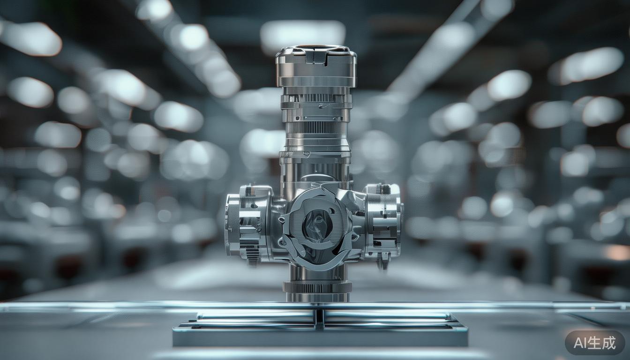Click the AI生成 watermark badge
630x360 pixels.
594,343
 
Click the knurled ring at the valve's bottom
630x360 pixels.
317,287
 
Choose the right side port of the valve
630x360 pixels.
383,222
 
